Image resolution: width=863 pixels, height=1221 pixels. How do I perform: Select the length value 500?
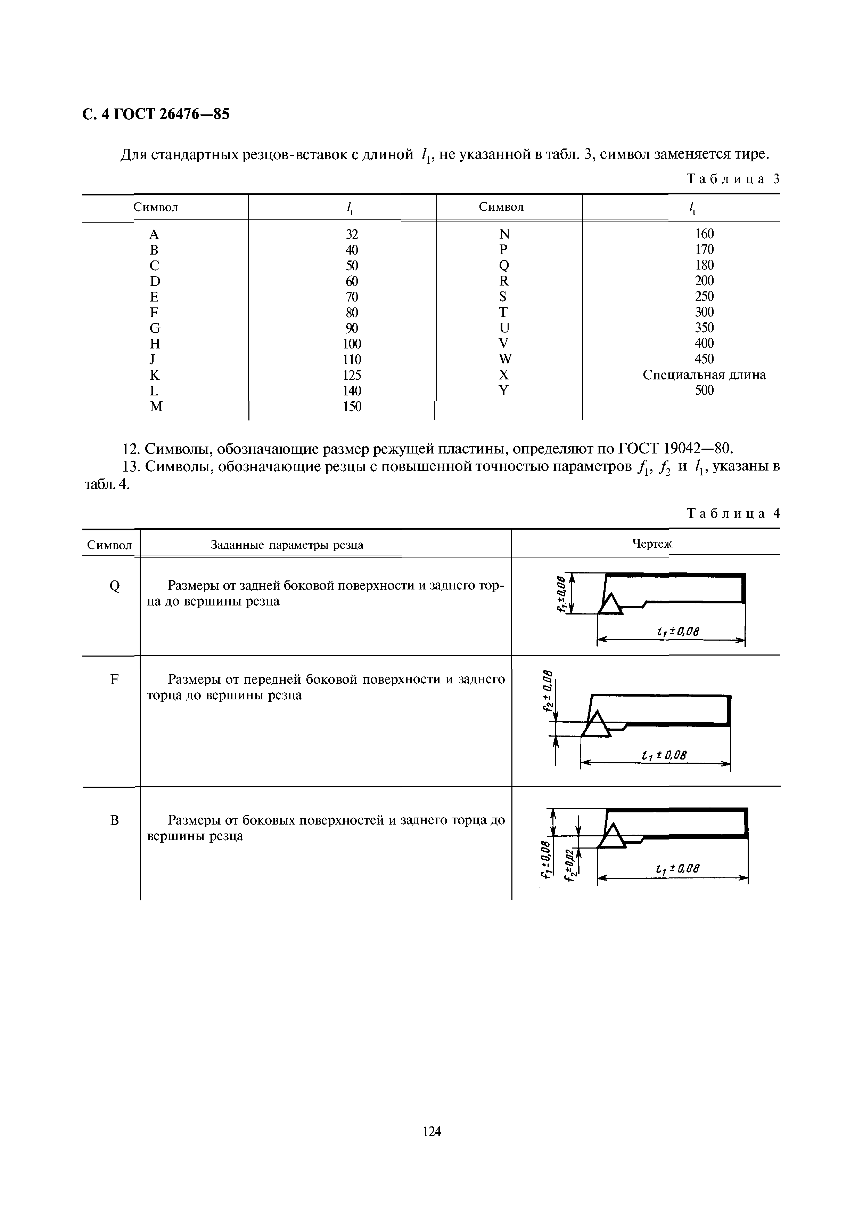[704, 391]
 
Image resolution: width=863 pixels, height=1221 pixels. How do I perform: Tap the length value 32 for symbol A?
[352, 234]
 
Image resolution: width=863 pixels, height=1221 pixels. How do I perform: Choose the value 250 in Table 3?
[704, 296]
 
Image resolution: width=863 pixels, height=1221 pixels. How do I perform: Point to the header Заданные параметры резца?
[287, 545]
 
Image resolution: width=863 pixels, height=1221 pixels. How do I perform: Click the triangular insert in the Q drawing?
[610, 605]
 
